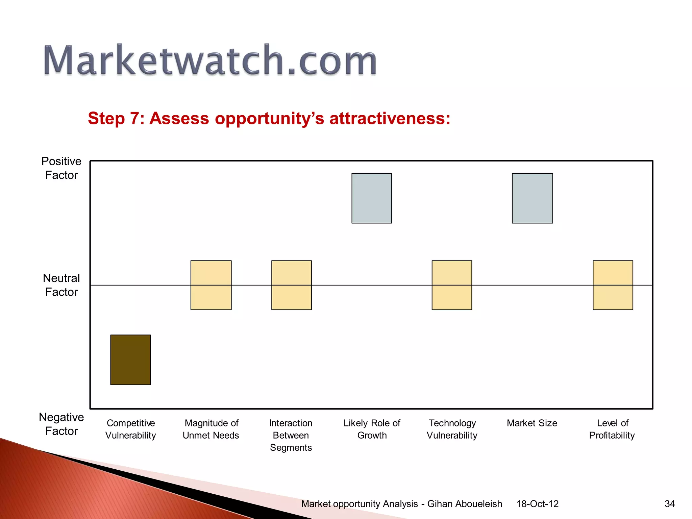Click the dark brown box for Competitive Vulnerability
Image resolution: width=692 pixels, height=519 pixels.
tap(130, 360)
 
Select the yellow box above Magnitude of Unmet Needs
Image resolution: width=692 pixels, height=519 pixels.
tap(211, 285)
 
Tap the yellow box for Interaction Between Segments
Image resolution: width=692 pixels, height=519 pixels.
tap(291, 285)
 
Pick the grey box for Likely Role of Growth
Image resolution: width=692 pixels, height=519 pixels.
tap(372, 198)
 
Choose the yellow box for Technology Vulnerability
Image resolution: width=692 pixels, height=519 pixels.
tap(452, 285)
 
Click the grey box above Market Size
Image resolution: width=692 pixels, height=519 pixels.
tap(532, 198)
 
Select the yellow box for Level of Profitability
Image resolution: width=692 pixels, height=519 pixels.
tap(613, 285)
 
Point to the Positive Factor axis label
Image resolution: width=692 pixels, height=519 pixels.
tap(61, 168)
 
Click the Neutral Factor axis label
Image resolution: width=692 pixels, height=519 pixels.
tap(61, 285)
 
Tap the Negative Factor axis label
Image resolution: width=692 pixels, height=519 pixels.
tap(61, 424)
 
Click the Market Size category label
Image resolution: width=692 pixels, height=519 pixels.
tap(532, 423)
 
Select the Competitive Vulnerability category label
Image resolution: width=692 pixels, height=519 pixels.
tap(130, 429)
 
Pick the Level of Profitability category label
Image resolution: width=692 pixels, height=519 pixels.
tap(612, 429)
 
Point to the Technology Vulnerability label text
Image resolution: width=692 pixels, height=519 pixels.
tap(452, 429)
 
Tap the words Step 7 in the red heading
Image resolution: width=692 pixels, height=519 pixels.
tap(114, 119)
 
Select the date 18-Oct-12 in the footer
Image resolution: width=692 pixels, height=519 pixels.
tap(537, 504)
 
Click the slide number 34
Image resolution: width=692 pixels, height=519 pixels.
tap(669, 504)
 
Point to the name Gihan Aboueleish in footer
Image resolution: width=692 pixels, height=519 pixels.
tap(465, 504)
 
